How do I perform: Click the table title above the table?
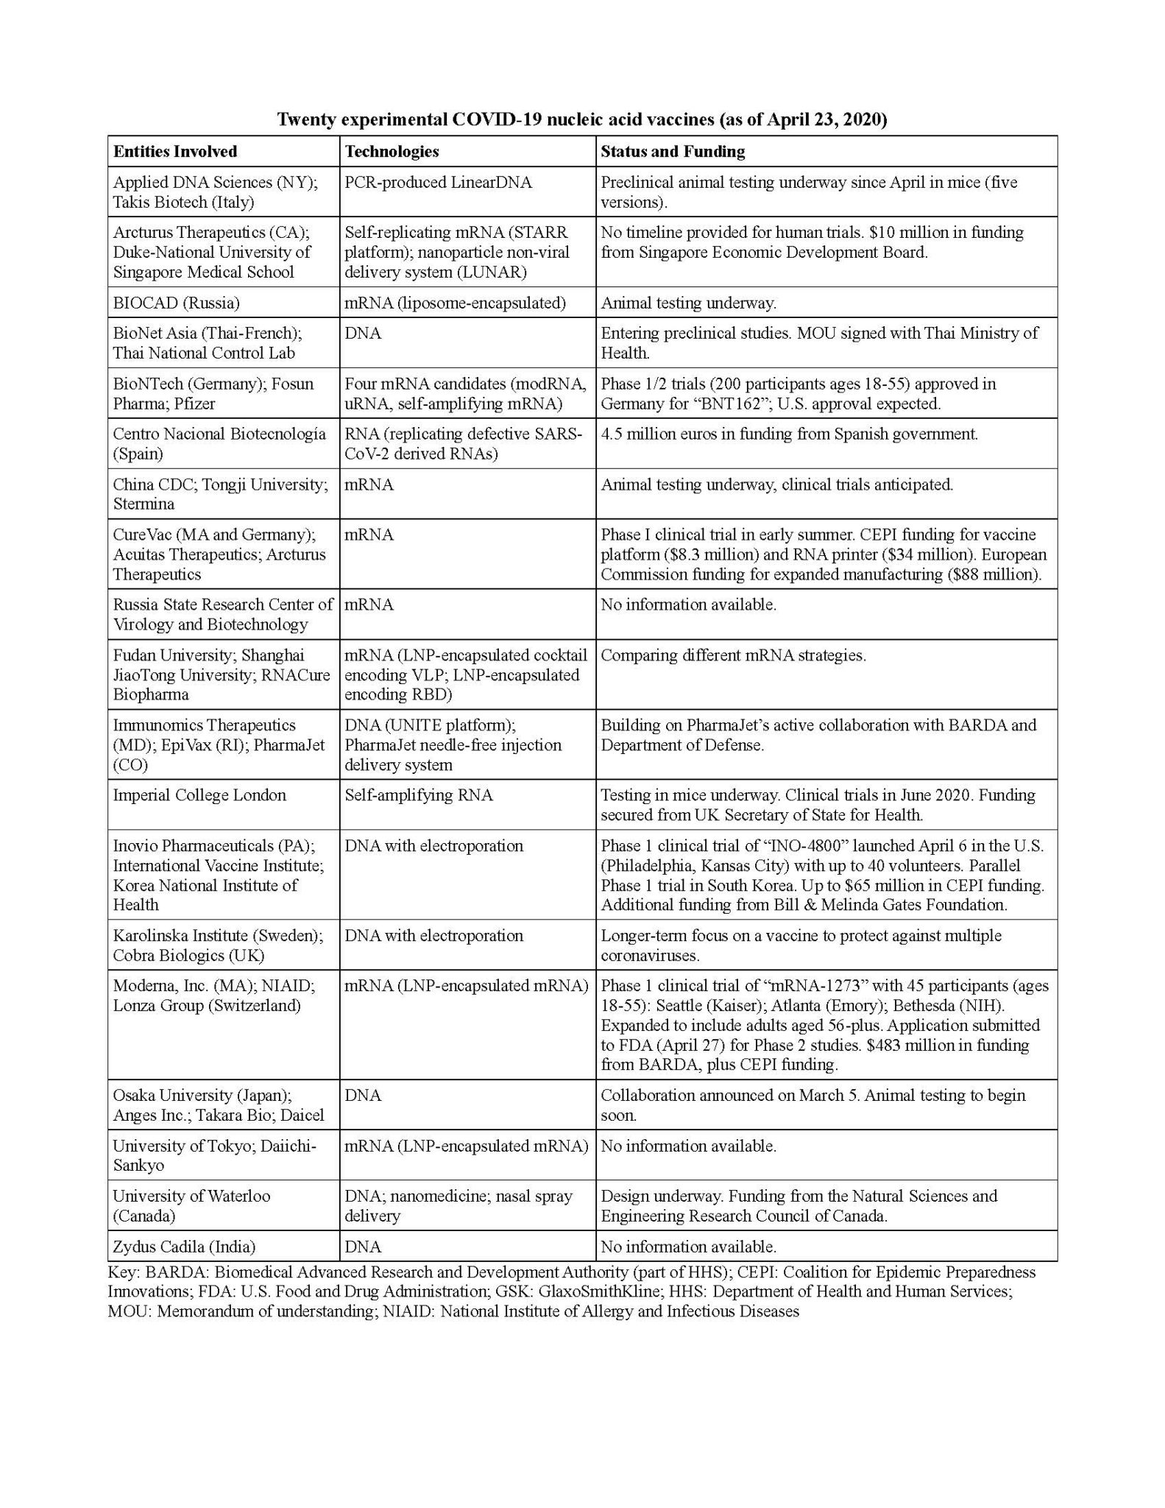[x=581, y=120]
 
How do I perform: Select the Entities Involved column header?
[x=175, y=152]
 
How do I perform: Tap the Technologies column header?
[x=392, y=152]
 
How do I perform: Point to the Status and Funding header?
[x=673, y=152]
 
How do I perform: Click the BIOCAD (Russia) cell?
[x=176, y=303]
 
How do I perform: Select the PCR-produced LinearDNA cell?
[x=438, y=183]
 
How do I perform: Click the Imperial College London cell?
[x=199, y=795]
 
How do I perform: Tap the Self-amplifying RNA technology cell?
[x=419, y=795]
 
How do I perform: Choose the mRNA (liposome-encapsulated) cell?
[x=455, y=303]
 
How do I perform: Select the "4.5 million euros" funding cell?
[x=790, y=434]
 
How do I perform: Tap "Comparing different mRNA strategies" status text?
[x=733, y=655]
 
